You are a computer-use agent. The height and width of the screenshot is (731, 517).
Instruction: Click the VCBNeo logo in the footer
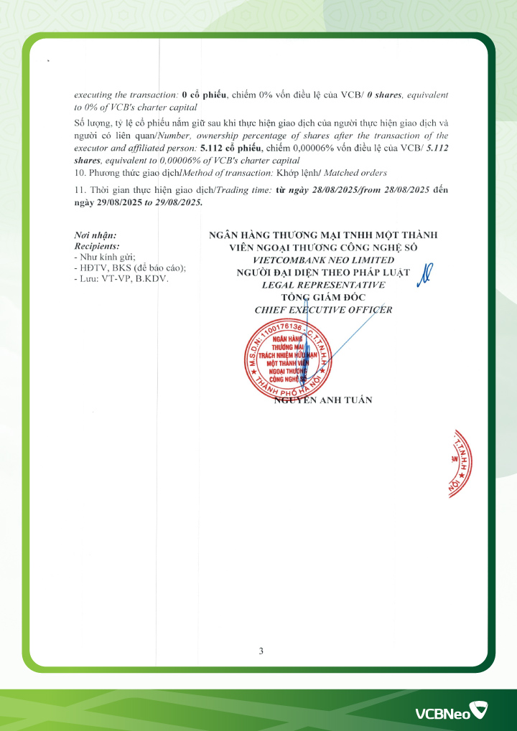tap(450, 712)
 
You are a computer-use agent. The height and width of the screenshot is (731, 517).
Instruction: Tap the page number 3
tap(261, 651)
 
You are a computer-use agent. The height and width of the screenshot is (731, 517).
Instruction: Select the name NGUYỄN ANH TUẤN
tap(324, 400)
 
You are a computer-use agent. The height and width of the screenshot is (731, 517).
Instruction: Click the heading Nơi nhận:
tap(96, 235)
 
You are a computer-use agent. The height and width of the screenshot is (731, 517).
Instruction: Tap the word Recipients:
tap(97, 245)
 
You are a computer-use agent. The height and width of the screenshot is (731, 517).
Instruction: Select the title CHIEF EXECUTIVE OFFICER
tap(323, 309)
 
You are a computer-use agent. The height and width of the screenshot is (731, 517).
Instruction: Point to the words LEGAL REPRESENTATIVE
tap(323, 285)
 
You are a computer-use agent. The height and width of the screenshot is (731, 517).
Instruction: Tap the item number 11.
tap(80, 189)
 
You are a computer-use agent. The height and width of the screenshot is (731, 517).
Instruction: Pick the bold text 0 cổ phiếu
tap(204, 95)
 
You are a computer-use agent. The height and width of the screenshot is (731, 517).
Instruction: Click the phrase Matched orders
tap(362, 173)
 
